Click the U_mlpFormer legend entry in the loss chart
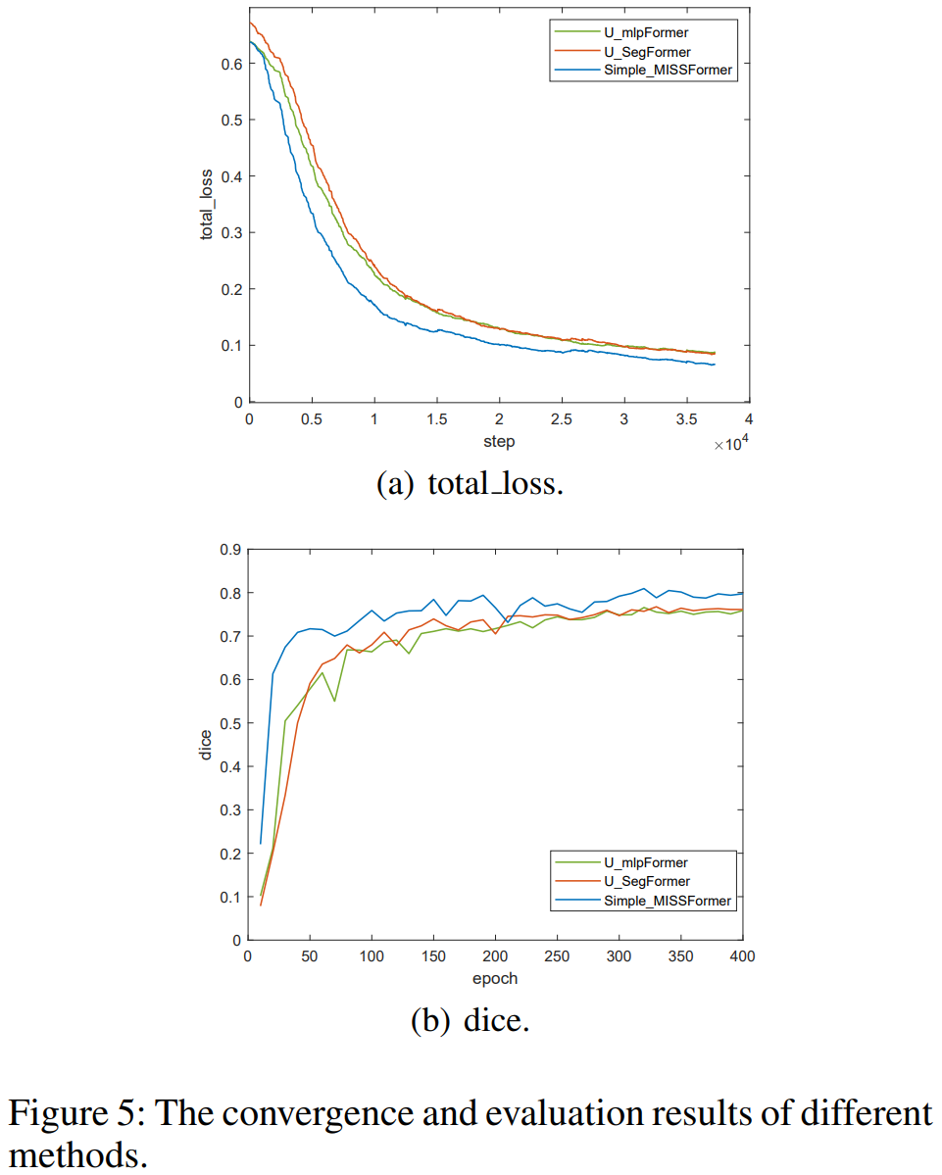coord(646,32)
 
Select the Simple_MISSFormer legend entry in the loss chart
coord(667,71)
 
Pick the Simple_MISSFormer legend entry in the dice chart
coord(667,901)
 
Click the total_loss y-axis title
coord(207,205)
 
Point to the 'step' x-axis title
coord(498,441)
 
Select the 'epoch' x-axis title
coord(496,978)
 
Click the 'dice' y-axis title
coord(206,744)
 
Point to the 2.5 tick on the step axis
coord(561,419)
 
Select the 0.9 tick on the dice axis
coord(230,550)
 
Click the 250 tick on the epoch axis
coord(558,957)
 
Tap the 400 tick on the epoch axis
coord(744,957)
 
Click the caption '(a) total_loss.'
coord(471,485)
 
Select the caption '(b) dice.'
coord(471,1021)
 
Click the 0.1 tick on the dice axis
coord(230,897)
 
